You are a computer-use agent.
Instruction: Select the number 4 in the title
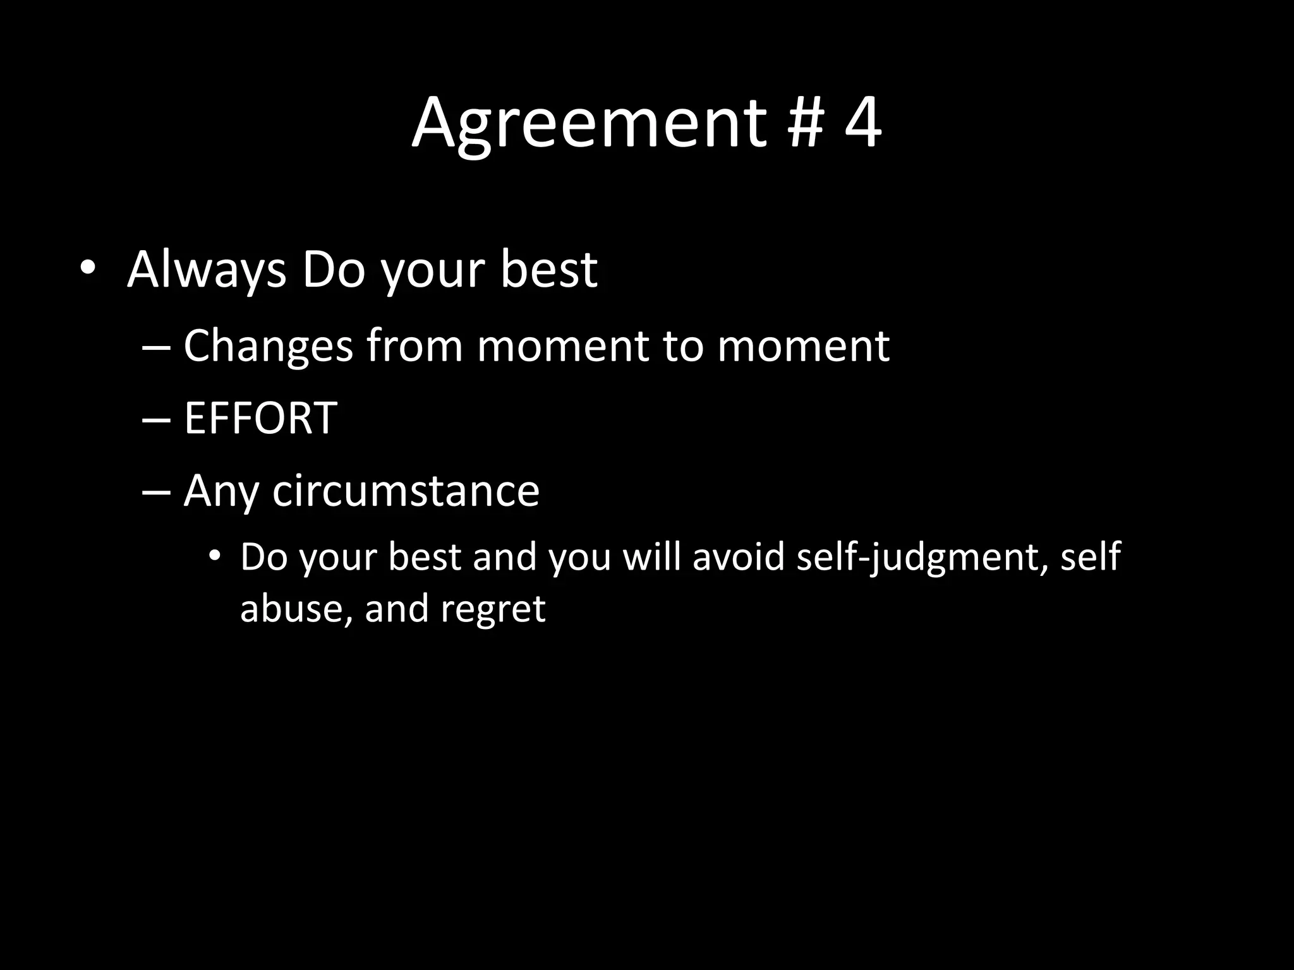862,124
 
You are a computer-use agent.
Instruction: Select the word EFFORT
260,418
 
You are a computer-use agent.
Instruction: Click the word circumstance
406,491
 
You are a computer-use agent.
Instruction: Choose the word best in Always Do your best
548,270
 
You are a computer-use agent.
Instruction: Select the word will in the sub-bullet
651,556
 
